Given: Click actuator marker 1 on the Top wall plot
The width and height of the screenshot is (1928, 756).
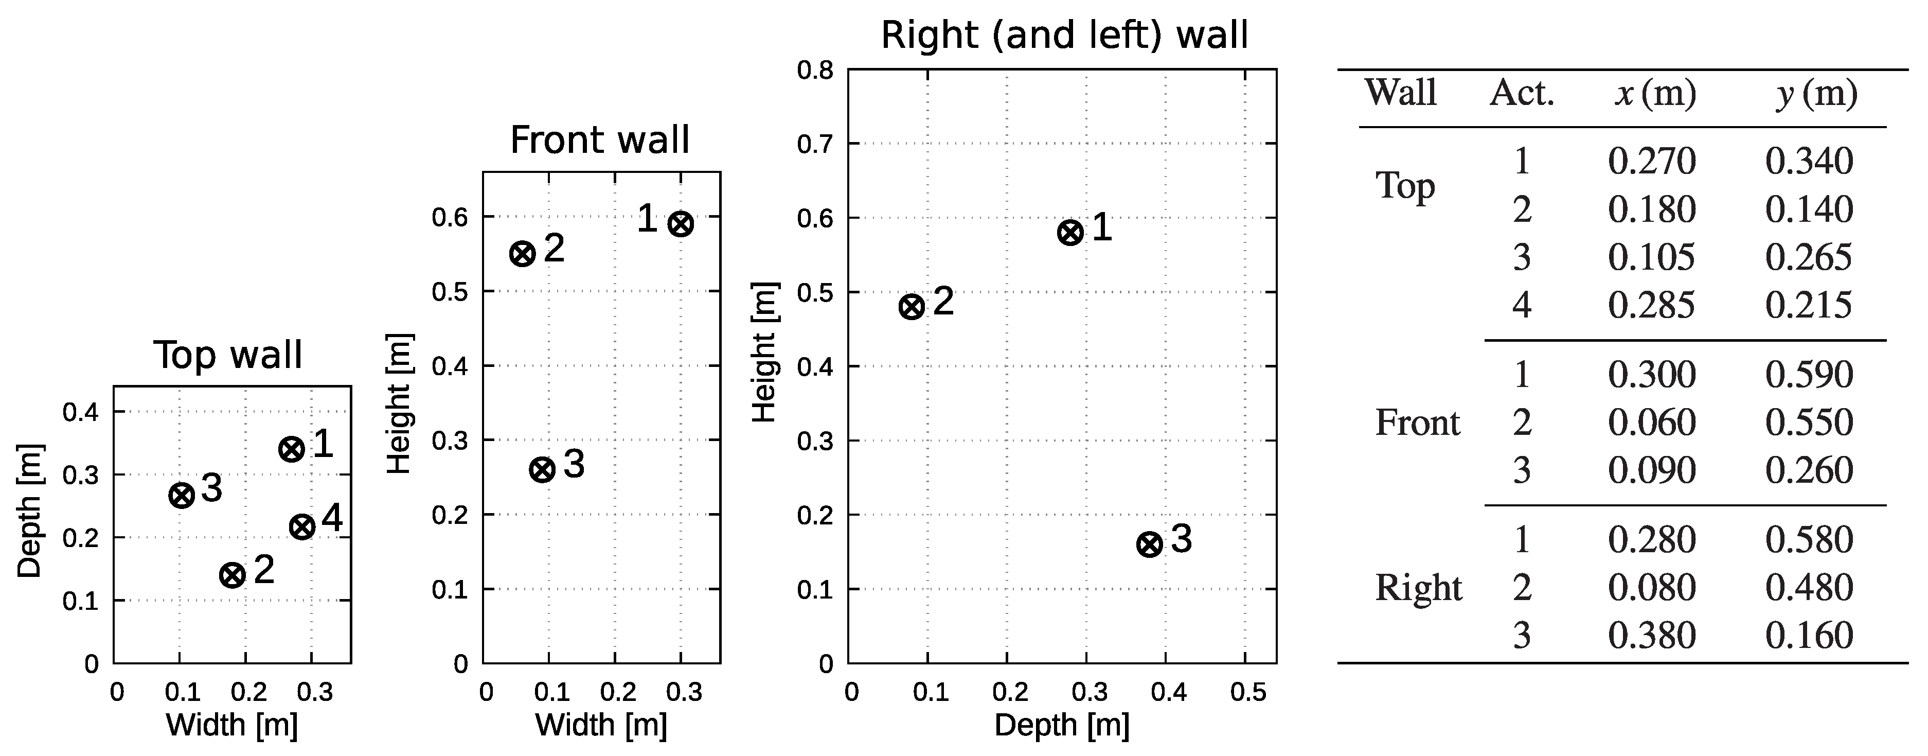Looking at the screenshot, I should [291, 449].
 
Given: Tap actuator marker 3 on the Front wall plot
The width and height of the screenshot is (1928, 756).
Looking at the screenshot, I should [542, 470].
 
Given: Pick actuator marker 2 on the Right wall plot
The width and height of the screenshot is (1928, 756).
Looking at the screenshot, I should [912, 307].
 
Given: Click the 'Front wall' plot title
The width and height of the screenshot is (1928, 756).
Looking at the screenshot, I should [599, 140].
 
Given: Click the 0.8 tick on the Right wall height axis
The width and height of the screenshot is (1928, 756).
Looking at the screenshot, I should [815, 71].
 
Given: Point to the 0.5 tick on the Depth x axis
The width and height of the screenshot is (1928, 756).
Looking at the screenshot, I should [1248, 692].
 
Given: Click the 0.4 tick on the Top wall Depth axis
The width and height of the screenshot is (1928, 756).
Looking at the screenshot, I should [80, 412].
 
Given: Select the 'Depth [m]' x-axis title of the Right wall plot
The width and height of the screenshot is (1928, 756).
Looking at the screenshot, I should [1061, 725].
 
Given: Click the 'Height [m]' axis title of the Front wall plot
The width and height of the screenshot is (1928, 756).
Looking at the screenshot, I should [400, 404].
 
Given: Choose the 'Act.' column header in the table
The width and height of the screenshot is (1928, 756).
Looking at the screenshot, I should [1522, 94].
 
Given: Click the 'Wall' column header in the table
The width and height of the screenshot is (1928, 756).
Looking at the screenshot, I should [1400, 94].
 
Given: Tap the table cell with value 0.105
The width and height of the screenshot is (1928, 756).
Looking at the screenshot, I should [1651, 257].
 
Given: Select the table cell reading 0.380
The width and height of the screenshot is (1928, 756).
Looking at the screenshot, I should [1651, 636].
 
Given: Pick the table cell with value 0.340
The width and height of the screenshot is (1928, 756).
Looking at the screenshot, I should [1809, 162].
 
